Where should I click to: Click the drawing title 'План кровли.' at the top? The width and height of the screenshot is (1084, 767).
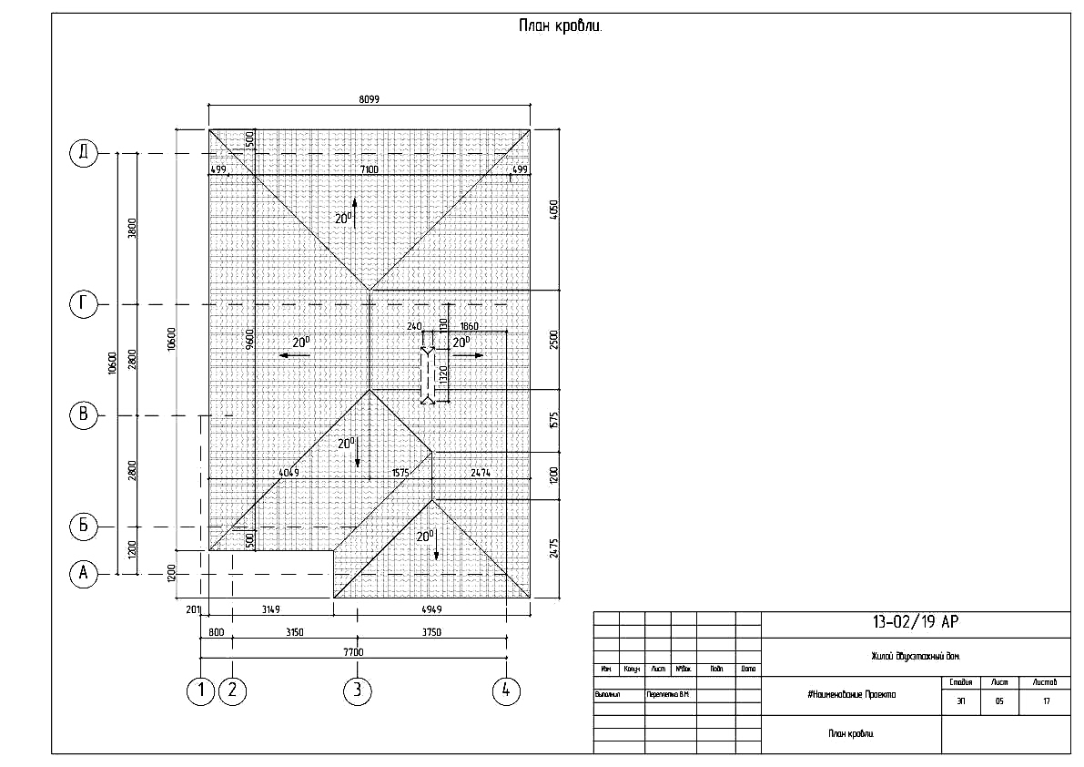point(560,26)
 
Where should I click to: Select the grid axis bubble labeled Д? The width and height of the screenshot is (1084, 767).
point(83,154)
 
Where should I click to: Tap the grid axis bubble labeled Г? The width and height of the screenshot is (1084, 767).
point(83,304)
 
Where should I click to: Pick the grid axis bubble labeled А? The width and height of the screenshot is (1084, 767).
point(83,573)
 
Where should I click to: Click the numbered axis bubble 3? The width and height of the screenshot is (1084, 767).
point(357,690)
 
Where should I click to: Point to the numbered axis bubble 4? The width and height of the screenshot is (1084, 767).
point(506,690)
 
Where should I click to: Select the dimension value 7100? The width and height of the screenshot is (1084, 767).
point(369,169)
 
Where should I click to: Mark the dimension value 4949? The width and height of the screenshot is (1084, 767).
point(431,609)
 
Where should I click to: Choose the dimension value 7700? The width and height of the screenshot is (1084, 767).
point(353,651)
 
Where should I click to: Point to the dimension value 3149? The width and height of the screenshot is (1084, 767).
point(269,609)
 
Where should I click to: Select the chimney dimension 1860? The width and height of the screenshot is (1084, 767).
point(470,326)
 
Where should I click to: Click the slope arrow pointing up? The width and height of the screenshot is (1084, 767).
point(354,212)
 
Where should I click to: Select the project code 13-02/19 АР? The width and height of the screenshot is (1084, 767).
point(915,623)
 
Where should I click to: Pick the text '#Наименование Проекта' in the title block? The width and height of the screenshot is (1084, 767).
point(851,695)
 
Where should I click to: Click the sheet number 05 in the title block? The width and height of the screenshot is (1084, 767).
point(999,701)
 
